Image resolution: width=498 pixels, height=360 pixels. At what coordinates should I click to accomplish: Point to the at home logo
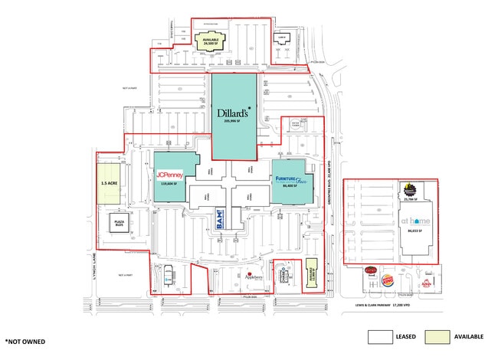(x=415, y=221)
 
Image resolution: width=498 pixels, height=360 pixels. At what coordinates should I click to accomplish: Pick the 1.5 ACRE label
(x=109, y=184)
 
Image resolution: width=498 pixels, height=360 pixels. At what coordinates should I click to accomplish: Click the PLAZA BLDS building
(x=120, y=223)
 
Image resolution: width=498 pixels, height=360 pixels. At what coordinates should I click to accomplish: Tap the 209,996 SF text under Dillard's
(x=234, y=121)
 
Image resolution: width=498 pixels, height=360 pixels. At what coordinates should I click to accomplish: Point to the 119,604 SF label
(x=168, y=184)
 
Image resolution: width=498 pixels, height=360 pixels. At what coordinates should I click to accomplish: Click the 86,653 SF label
(x=415, y=231)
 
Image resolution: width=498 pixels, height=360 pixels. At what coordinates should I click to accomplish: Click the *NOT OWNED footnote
(x=25, y=340)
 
